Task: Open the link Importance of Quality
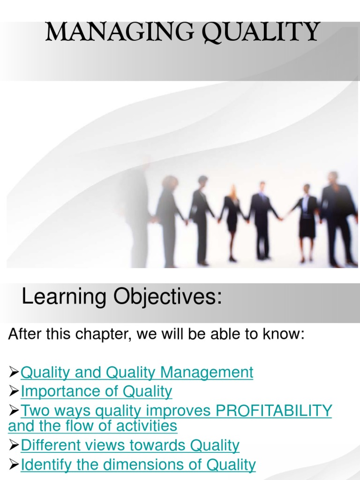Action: (x=97, y=391)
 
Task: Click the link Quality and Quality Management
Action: (x=137, y=372)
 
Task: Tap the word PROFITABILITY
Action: (x=274, y=411)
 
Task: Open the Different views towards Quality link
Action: (x=130, y=445)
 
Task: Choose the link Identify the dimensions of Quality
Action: (x=138, y=465)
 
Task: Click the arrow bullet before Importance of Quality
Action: (x=14, y=391)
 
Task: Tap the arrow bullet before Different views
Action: (x=14, y=445)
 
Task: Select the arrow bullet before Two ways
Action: (x=14, y=411)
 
